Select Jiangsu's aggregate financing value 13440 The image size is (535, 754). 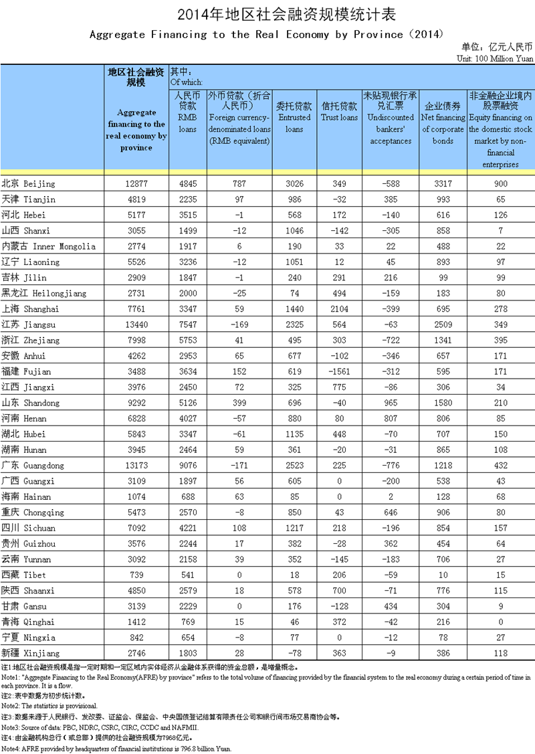(x=136, y=324)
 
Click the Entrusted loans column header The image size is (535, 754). (x=294, y=117)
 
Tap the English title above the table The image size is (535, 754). (x=267, y=34)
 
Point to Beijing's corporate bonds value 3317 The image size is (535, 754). (x=443, y=183)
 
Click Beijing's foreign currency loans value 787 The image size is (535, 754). (x=239, y=183)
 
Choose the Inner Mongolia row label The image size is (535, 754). (x=50, y=246)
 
